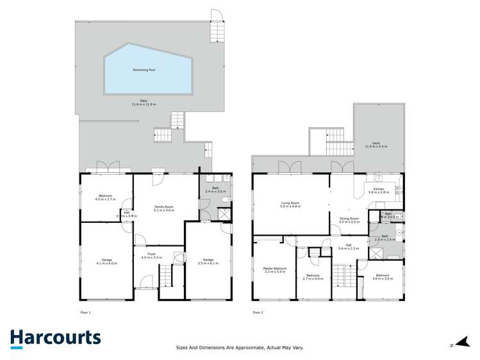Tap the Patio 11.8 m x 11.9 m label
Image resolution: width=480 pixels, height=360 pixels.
click(x=144, y=102)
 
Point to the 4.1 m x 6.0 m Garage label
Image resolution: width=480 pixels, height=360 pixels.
click(x=107, y=261)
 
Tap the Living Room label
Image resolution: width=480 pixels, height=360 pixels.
click(x=290, y=204)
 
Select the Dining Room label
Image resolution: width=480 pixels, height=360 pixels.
click(x=349, y=220)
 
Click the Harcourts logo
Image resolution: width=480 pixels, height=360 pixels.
click(x=55, y=338)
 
